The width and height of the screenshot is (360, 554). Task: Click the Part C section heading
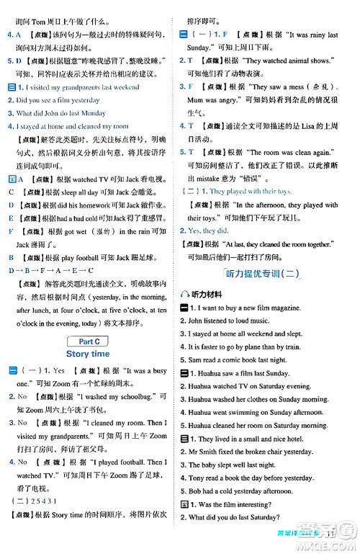tap(87, 340)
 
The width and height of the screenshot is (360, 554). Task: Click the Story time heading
tap(87, 354)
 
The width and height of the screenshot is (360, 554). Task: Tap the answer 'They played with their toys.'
tap(248, 191)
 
